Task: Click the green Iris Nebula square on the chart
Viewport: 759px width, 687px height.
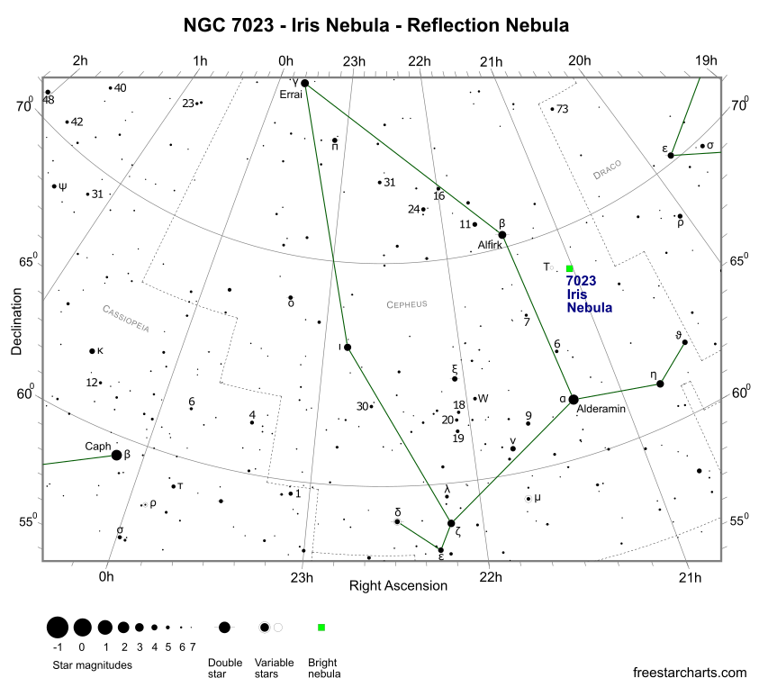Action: click(570, 268)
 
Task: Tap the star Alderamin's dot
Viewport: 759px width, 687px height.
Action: click(574, 399)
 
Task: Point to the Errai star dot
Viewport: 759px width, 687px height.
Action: click(304, 84)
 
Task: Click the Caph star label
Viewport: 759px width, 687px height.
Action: click(97, 446)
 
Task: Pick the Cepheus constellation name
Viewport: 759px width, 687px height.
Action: click(407, 304)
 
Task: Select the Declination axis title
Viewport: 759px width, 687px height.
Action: click(17, 321)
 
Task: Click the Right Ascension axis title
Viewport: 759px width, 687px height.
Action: click(398, 585)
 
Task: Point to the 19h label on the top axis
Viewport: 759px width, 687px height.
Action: click(706, 61)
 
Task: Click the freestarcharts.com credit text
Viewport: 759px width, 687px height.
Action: click(690, 672)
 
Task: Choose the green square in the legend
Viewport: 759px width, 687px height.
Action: click(321, 627)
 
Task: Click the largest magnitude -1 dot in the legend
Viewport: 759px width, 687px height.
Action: click(58, 627)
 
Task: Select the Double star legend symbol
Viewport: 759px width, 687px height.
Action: click(224, 627)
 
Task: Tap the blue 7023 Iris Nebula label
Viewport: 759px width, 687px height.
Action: click(590, 294)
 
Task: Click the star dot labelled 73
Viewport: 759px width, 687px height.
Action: click(552, 109)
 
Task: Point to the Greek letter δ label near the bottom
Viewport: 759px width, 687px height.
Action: click(398, 512)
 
